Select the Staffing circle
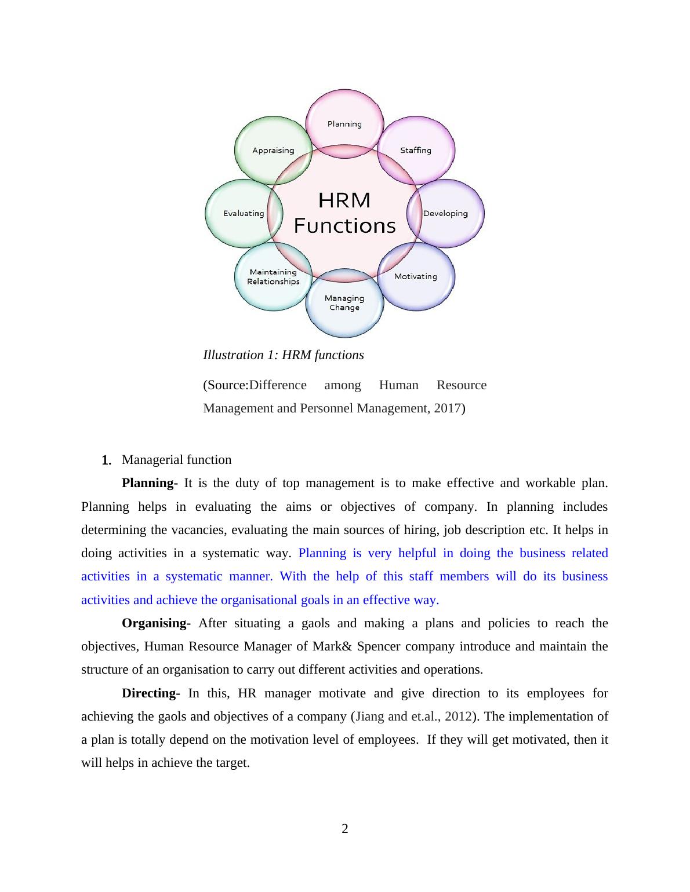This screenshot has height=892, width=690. coord(416,150)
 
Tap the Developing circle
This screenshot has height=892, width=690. coord(445,213)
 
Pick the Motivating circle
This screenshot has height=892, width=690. coord(416,276)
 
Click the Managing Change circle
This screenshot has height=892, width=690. coord(344,303)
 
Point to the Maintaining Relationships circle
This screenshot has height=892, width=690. coord(273,276)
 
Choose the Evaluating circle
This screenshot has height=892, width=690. coord(244,213)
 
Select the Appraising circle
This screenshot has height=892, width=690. coord(273,150)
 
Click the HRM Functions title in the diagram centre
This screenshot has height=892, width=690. coord(344,213)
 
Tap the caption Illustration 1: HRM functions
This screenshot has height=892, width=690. coord(283,355)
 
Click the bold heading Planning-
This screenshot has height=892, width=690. coord(150,483)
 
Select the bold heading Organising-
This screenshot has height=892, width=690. coord(156,623)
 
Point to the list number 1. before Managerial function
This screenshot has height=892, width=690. coord(106,460)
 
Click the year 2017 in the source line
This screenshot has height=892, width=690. coord(447,408)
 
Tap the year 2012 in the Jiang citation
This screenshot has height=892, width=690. coord(457,716)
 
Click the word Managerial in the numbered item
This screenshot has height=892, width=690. coord(150,460)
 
